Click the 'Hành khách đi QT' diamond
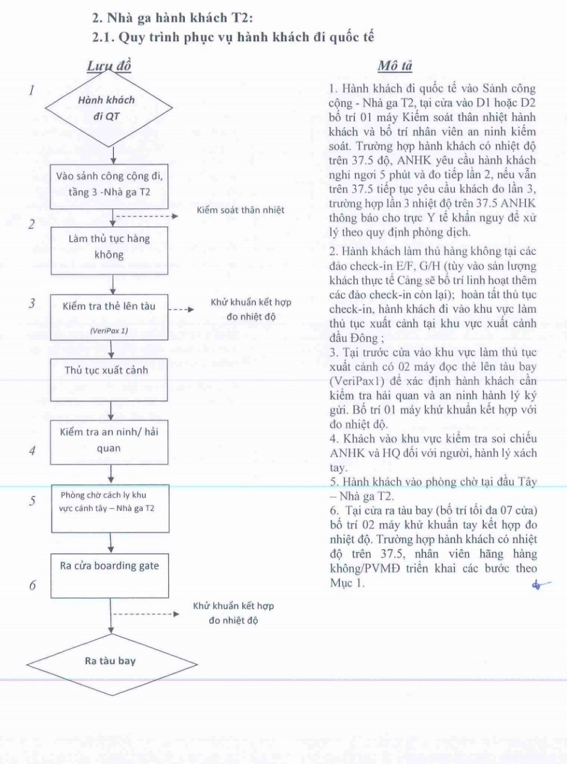point(109,108)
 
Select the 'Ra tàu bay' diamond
point(112,665)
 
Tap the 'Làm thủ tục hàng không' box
point(110,251)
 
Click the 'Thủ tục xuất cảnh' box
point(109,380)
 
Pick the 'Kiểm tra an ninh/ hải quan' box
point(109,442)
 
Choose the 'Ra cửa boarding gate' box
point(110,576)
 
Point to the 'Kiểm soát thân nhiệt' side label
point(240,210)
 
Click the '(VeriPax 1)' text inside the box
point(109,331)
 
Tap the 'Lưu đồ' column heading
point(109,66)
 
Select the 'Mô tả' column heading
point(395,66)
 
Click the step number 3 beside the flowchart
point(32,303)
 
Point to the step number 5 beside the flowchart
point(32,501)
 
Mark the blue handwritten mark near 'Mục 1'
point(541,584)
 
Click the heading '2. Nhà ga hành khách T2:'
point(172,18)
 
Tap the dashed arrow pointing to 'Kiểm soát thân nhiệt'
point(147,216)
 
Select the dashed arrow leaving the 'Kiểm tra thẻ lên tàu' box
point(181,309)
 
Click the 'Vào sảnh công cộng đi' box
point(109,186)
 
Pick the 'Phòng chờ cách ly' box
point(110,509)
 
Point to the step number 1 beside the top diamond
point(32,90)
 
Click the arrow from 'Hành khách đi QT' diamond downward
point(113,156)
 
